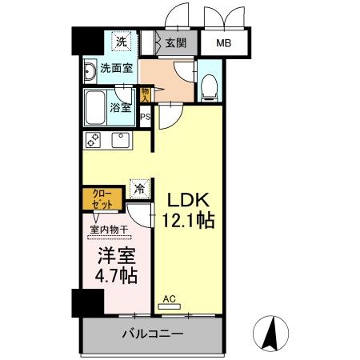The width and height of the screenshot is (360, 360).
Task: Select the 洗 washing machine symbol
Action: [120, 42]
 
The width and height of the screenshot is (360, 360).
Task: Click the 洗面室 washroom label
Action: [116, 69]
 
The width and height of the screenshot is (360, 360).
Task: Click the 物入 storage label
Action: [145, 94]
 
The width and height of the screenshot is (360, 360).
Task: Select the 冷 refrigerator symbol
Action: [140, 189]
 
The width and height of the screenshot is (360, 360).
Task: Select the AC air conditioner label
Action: [169, 301]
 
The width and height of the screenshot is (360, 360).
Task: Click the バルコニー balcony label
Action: [153, 334]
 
